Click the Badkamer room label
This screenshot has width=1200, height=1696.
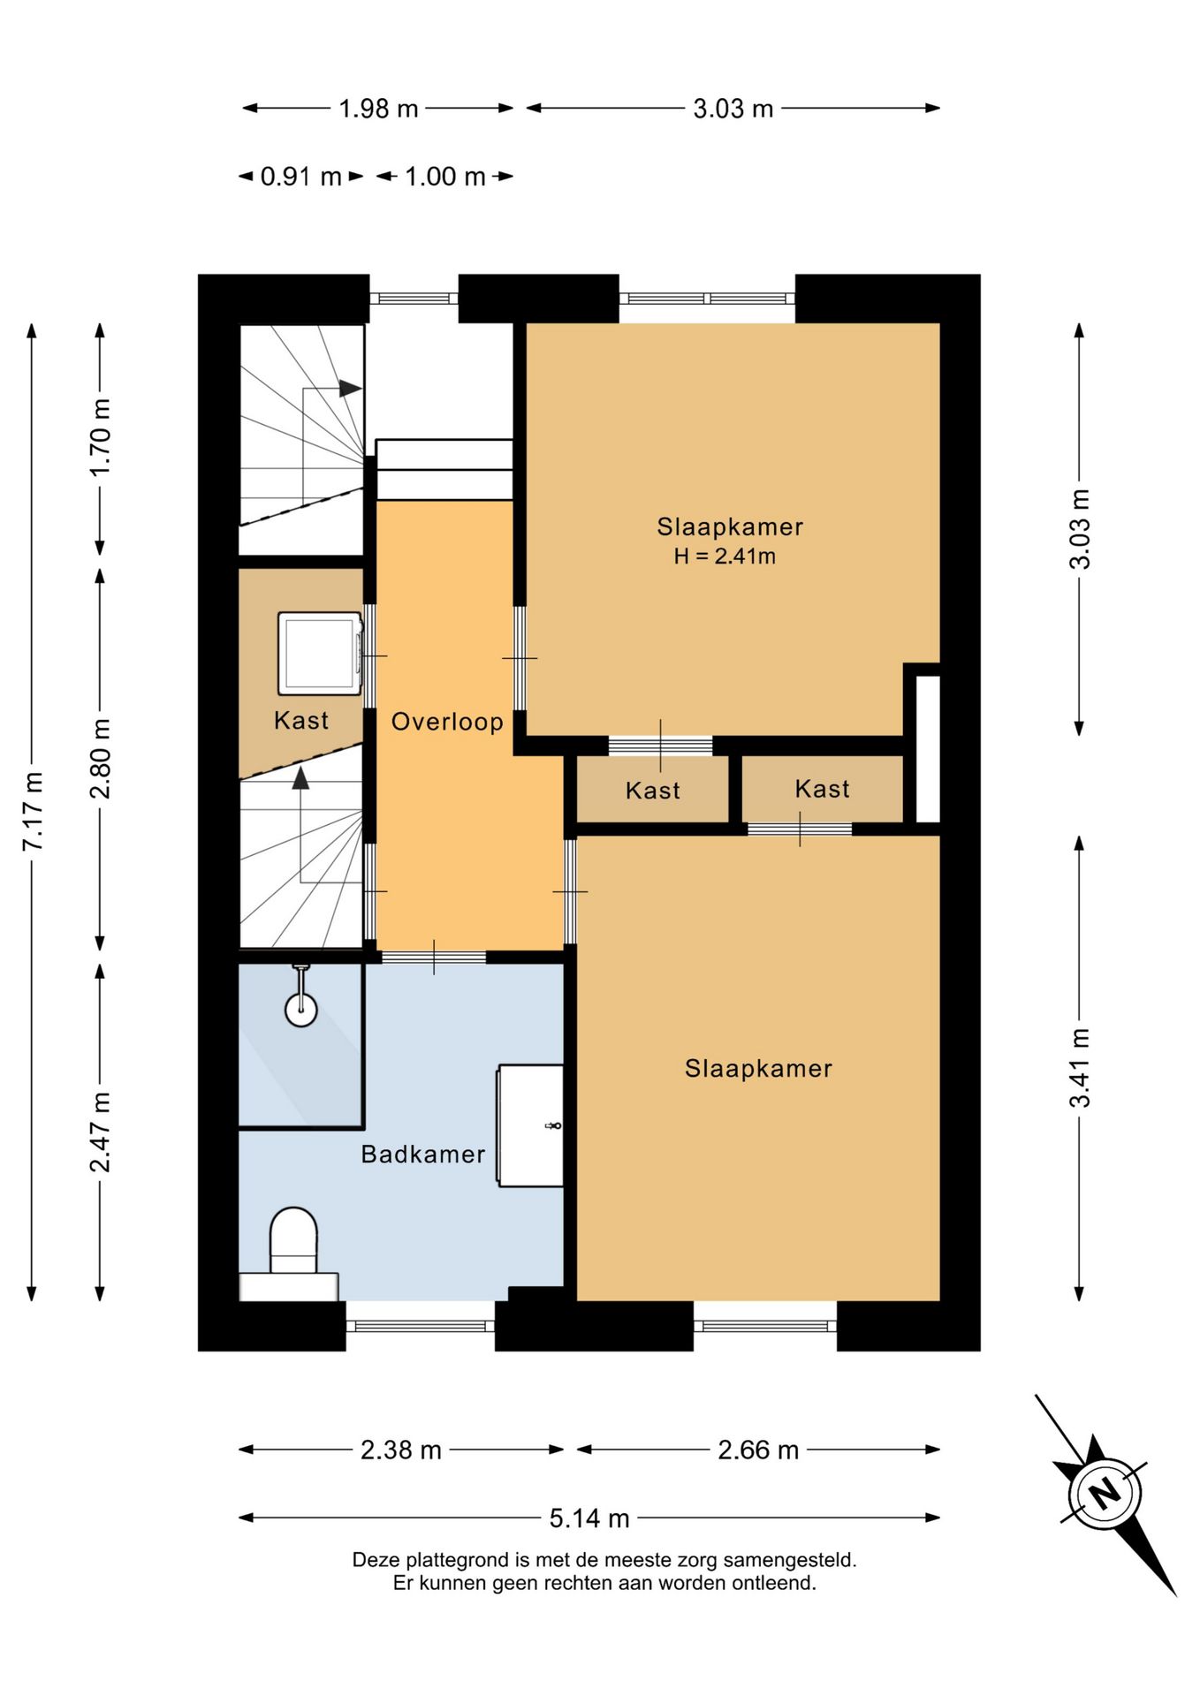click(x=423, y=1155)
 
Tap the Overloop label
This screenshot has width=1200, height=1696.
click(x=447, y=723)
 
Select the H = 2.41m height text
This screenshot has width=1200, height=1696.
click(x=725, y=556)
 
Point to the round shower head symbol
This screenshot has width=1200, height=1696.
click(x=301, y=1009)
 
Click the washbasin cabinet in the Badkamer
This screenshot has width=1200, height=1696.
click(x=530, y=1125)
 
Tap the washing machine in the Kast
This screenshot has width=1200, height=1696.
click(x=320, y=654)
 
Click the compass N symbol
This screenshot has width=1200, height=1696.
click(x=1105, y=1495)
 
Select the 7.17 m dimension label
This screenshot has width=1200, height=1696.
click(x=33, y=811)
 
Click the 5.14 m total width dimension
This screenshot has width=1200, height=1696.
click(x=589, y=1518)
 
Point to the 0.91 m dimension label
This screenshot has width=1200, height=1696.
click(x=301, y=177)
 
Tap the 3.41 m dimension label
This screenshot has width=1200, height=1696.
click(x=1080, y=1068)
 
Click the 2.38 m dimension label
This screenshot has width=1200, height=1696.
click(x=401, y=1450)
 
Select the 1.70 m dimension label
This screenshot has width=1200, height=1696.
click(x=101, y=436)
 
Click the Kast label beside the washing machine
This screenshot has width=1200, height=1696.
click(x=301, y=721)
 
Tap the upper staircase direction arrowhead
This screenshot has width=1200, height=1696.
click(x=351, y=389)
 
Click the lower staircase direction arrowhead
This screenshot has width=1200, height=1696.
click(x=301, y=777)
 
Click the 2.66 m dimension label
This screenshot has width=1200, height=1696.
click(x=758, y=1450)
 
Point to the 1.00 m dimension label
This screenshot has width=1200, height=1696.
click(x=445, y=177)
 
